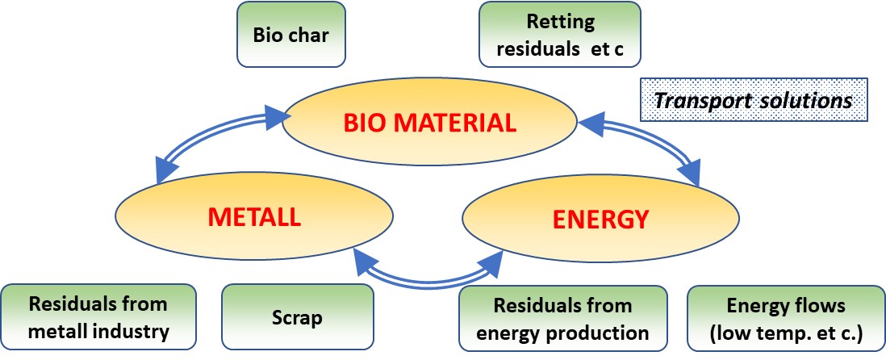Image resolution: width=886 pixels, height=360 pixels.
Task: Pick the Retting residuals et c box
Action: point(561,34)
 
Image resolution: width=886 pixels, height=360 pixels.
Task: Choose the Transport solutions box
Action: point(753,100)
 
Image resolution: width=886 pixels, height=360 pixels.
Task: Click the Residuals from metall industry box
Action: point(98,318)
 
